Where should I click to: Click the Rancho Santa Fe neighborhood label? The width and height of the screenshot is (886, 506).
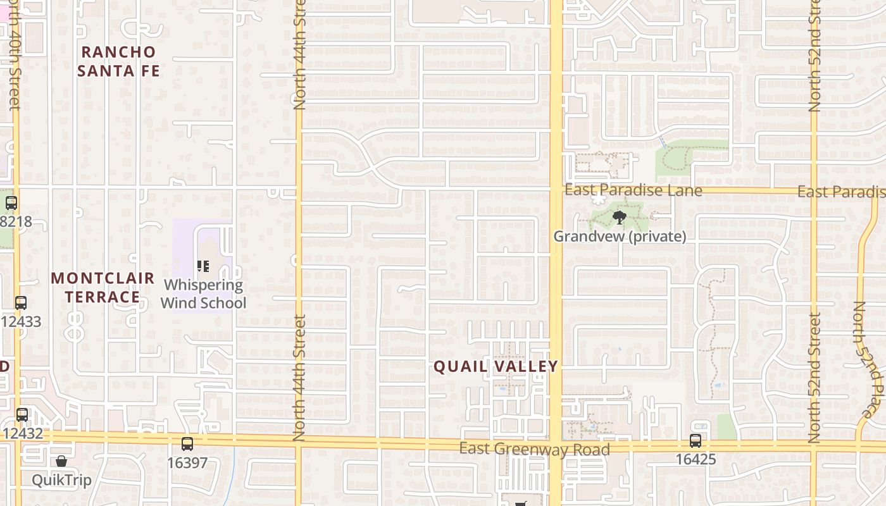(x=118, y=61)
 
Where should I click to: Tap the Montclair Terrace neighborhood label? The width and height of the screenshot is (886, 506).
(x=103, y=287)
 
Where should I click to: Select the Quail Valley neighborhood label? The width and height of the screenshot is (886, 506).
(x=496, y=366)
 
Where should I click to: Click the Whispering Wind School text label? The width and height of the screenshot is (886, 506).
(x=203, y=294)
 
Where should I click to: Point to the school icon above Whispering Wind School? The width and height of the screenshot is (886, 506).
(x=203, y=266)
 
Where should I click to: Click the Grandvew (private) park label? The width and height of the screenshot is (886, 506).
(x=620, y=237)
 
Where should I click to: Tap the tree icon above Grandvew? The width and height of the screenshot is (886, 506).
(x=619, y=218)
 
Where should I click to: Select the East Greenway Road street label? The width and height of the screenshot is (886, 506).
(x=534, y=449)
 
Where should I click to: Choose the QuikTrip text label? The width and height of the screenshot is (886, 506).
(x=61, y=480)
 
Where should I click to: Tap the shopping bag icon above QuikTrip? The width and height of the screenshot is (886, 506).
(x=61, y=461)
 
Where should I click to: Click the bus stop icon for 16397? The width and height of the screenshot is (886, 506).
(x=187, y=444)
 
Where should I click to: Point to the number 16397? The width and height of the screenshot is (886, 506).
(x=187, y=463)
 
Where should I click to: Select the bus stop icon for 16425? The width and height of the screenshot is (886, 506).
(x=696, y=441)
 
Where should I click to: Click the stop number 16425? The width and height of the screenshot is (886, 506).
(x=696, y=459)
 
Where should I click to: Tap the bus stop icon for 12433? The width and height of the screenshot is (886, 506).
(x=21, y=303)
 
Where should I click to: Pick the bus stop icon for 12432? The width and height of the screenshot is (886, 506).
(x=22, y=415)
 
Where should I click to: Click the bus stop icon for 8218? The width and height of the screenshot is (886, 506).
(x=11, y=203)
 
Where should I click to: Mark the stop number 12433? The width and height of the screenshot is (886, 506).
(x=21, y=322)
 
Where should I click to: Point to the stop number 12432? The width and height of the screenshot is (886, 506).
(x=22, y=434)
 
